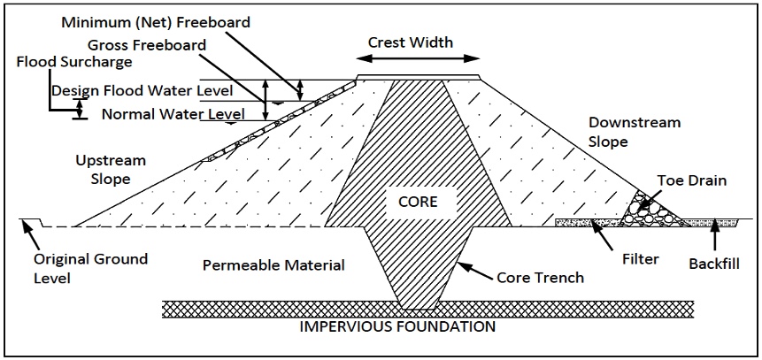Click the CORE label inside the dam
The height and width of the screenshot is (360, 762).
[418, 201]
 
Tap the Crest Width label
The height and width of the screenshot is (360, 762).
[411, 42]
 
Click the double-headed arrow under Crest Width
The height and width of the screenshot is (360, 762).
[418, 58]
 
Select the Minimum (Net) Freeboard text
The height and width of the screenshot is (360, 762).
[157, 22]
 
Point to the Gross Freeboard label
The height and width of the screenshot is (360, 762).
[147, 45]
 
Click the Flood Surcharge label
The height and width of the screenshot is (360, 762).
[74, 62]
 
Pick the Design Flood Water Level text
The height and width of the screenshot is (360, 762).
[142, 91]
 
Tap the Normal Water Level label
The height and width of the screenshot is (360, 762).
[173, 114]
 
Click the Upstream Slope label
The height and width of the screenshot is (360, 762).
[111, 170]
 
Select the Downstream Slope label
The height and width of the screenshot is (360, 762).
[635, 132]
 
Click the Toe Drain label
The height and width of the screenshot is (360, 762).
[691, 180]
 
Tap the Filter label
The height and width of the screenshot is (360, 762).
[641, 259]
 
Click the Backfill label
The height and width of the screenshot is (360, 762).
[714, 264]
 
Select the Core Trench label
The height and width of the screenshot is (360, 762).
[540, 278]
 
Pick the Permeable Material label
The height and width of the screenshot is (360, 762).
[273, 265]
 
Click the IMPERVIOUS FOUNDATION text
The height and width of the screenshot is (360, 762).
[397, 326]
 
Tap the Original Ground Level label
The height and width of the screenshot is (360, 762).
[90, 268]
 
